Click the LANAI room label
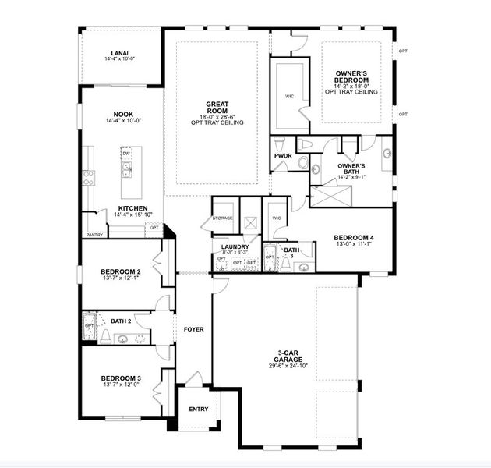click(121, 52)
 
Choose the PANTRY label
click(94, 234)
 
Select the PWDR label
click(282, 155)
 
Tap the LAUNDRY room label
click(234, 245)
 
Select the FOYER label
click(193, 329)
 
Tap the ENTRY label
click(199, 409)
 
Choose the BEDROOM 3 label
click(121, 378)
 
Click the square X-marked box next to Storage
click(249, 221)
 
